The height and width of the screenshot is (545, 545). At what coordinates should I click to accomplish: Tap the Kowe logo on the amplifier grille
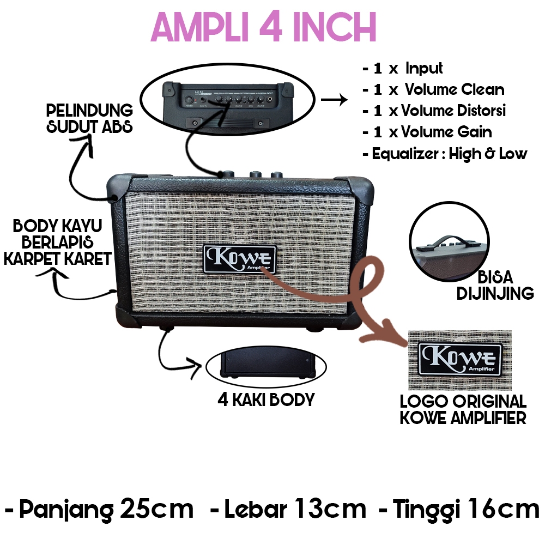click(240, 258)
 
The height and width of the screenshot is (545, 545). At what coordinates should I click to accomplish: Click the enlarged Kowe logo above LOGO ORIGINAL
click(459, 358)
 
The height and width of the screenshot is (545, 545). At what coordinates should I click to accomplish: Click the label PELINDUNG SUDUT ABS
click(90, 119)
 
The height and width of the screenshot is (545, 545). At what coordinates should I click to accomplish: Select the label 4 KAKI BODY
click(266, 399)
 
